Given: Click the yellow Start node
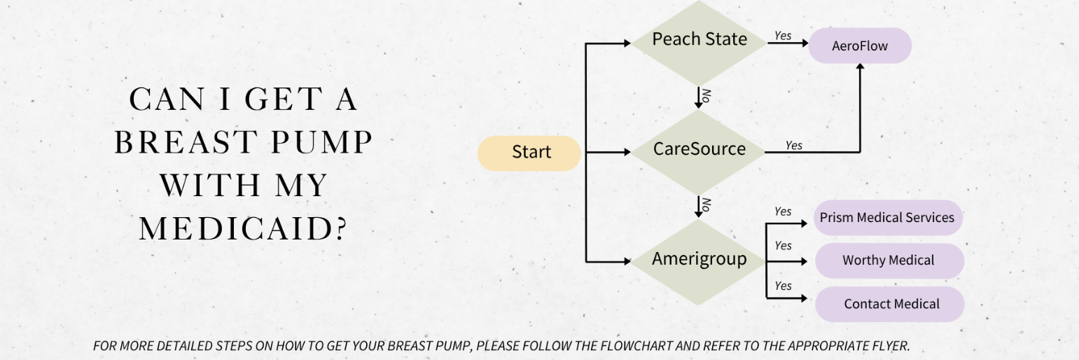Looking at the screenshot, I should (x=529, y=153).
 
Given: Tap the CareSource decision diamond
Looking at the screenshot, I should (x=699, y=150).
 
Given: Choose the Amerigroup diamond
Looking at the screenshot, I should (x=699, y=260).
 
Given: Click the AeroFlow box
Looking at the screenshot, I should (x=860, y=46).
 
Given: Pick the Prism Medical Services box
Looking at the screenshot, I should (x=887, y=218).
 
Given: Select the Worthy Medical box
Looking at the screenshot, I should (x=889, y=261).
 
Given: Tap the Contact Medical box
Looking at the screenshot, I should (x=891, y=304).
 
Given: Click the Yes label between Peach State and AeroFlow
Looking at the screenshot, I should (x=783, y=36).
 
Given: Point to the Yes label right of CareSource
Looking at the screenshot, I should (x=793, y=146).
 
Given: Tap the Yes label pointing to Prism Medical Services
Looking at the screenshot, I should (x=783, y=212).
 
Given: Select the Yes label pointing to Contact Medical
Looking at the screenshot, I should (x=783, y=286).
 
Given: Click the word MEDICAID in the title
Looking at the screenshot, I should (x=242, y=229).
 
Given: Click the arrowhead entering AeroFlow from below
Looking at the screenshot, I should (x=860, y=67).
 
